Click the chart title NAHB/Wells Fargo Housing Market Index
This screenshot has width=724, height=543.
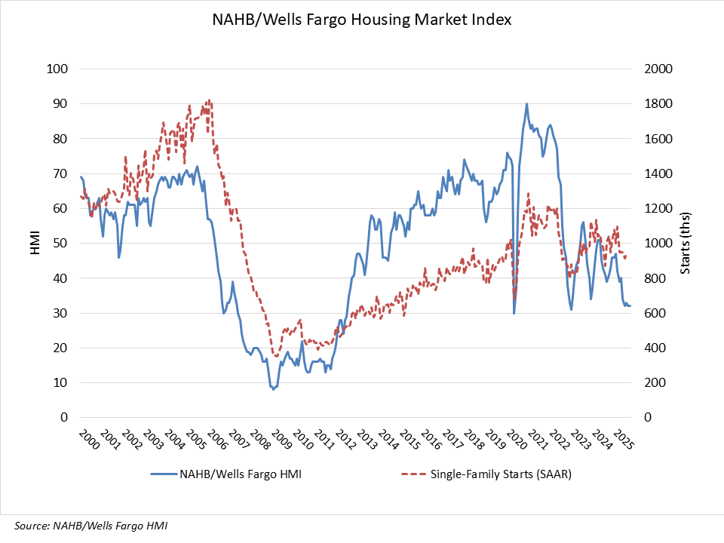click(x=362, y=20)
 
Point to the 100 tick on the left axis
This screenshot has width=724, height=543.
click(x=57, y=69)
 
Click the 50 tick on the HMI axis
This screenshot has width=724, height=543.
click(x=60, y=244)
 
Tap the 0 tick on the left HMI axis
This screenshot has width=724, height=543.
click(x=63, y=418)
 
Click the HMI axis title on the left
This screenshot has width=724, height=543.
click(x=35, y=243)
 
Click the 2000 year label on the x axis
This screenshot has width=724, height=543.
click(x=84, y=440)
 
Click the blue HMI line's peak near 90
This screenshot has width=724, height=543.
click(x=526, y=104)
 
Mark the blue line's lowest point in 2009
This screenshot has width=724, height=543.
click(x=273, y=389)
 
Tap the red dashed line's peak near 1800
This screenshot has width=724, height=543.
click(x=209, y=101)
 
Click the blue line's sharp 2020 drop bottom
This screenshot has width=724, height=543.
click(x=514, y=312)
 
